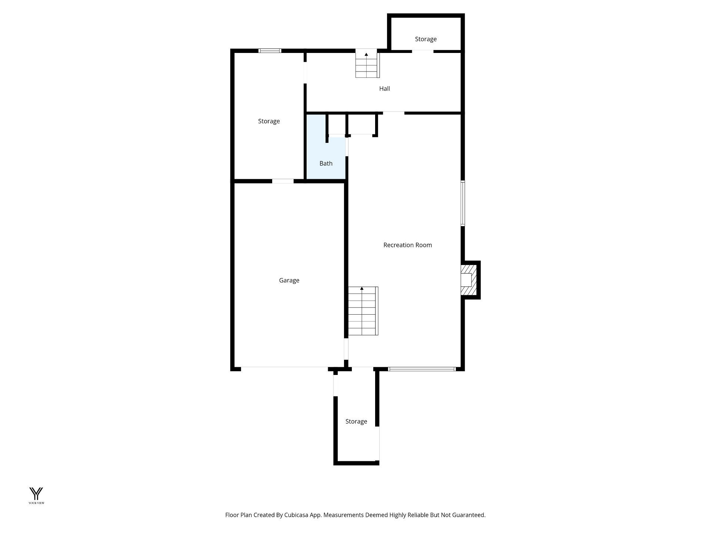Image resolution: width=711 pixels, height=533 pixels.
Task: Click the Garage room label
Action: click(x=289, y=281)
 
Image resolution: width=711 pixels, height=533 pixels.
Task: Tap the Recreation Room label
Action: click(x=407, y=245)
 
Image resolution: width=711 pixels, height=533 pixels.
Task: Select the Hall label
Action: click(x=384, y=89)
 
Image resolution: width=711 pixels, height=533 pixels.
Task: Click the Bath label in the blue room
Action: click(x=326, y=164)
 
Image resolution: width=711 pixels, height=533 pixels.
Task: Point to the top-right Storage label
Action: click(x=425, y=39)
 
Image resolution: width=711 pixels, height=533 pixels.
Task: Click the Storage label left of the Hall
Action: click(x=269, y=121)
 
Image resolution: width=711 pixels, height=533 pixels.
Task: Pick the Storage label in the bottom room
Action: click(x=356, y=422)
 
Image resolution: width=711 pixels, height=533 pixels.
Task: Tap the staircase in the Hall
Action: click(x=367, y=66)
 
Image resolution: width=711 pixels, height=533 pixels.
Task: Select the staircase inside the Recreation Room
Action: click(x=363, y=312)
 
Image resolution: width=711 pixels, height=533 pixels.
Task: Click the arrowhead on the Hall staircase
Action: click(x=366, y=54)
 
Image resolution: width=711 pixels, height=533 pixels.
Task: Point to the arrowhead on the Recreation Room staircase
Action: click(x=362, y=288)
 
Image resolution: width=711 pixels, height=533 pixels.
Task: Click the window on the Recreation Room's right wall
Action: click(x=463, y=203)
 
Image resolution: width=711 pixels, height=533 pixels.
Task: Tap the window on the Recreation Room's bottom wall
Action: click(x=421, y=369)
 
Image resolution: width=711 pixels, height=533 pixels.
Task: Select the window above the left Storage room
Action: click(x=270, y=51)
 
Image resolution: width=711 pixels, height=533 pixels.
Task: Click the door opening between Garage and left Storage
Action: click(x=283, y=181)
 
